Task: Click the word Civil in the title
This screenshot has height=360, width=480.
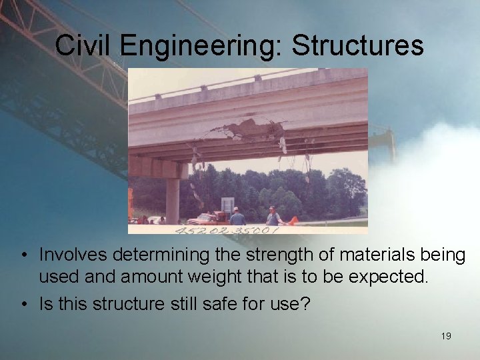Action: [79, 45]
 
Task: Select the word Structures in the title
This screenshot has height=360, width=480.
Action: [357, 45]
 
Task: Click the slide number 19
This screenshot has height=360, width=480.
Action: [446, 336]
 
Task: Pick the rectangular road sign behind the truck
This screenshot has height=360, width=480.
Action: [228, 205]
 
